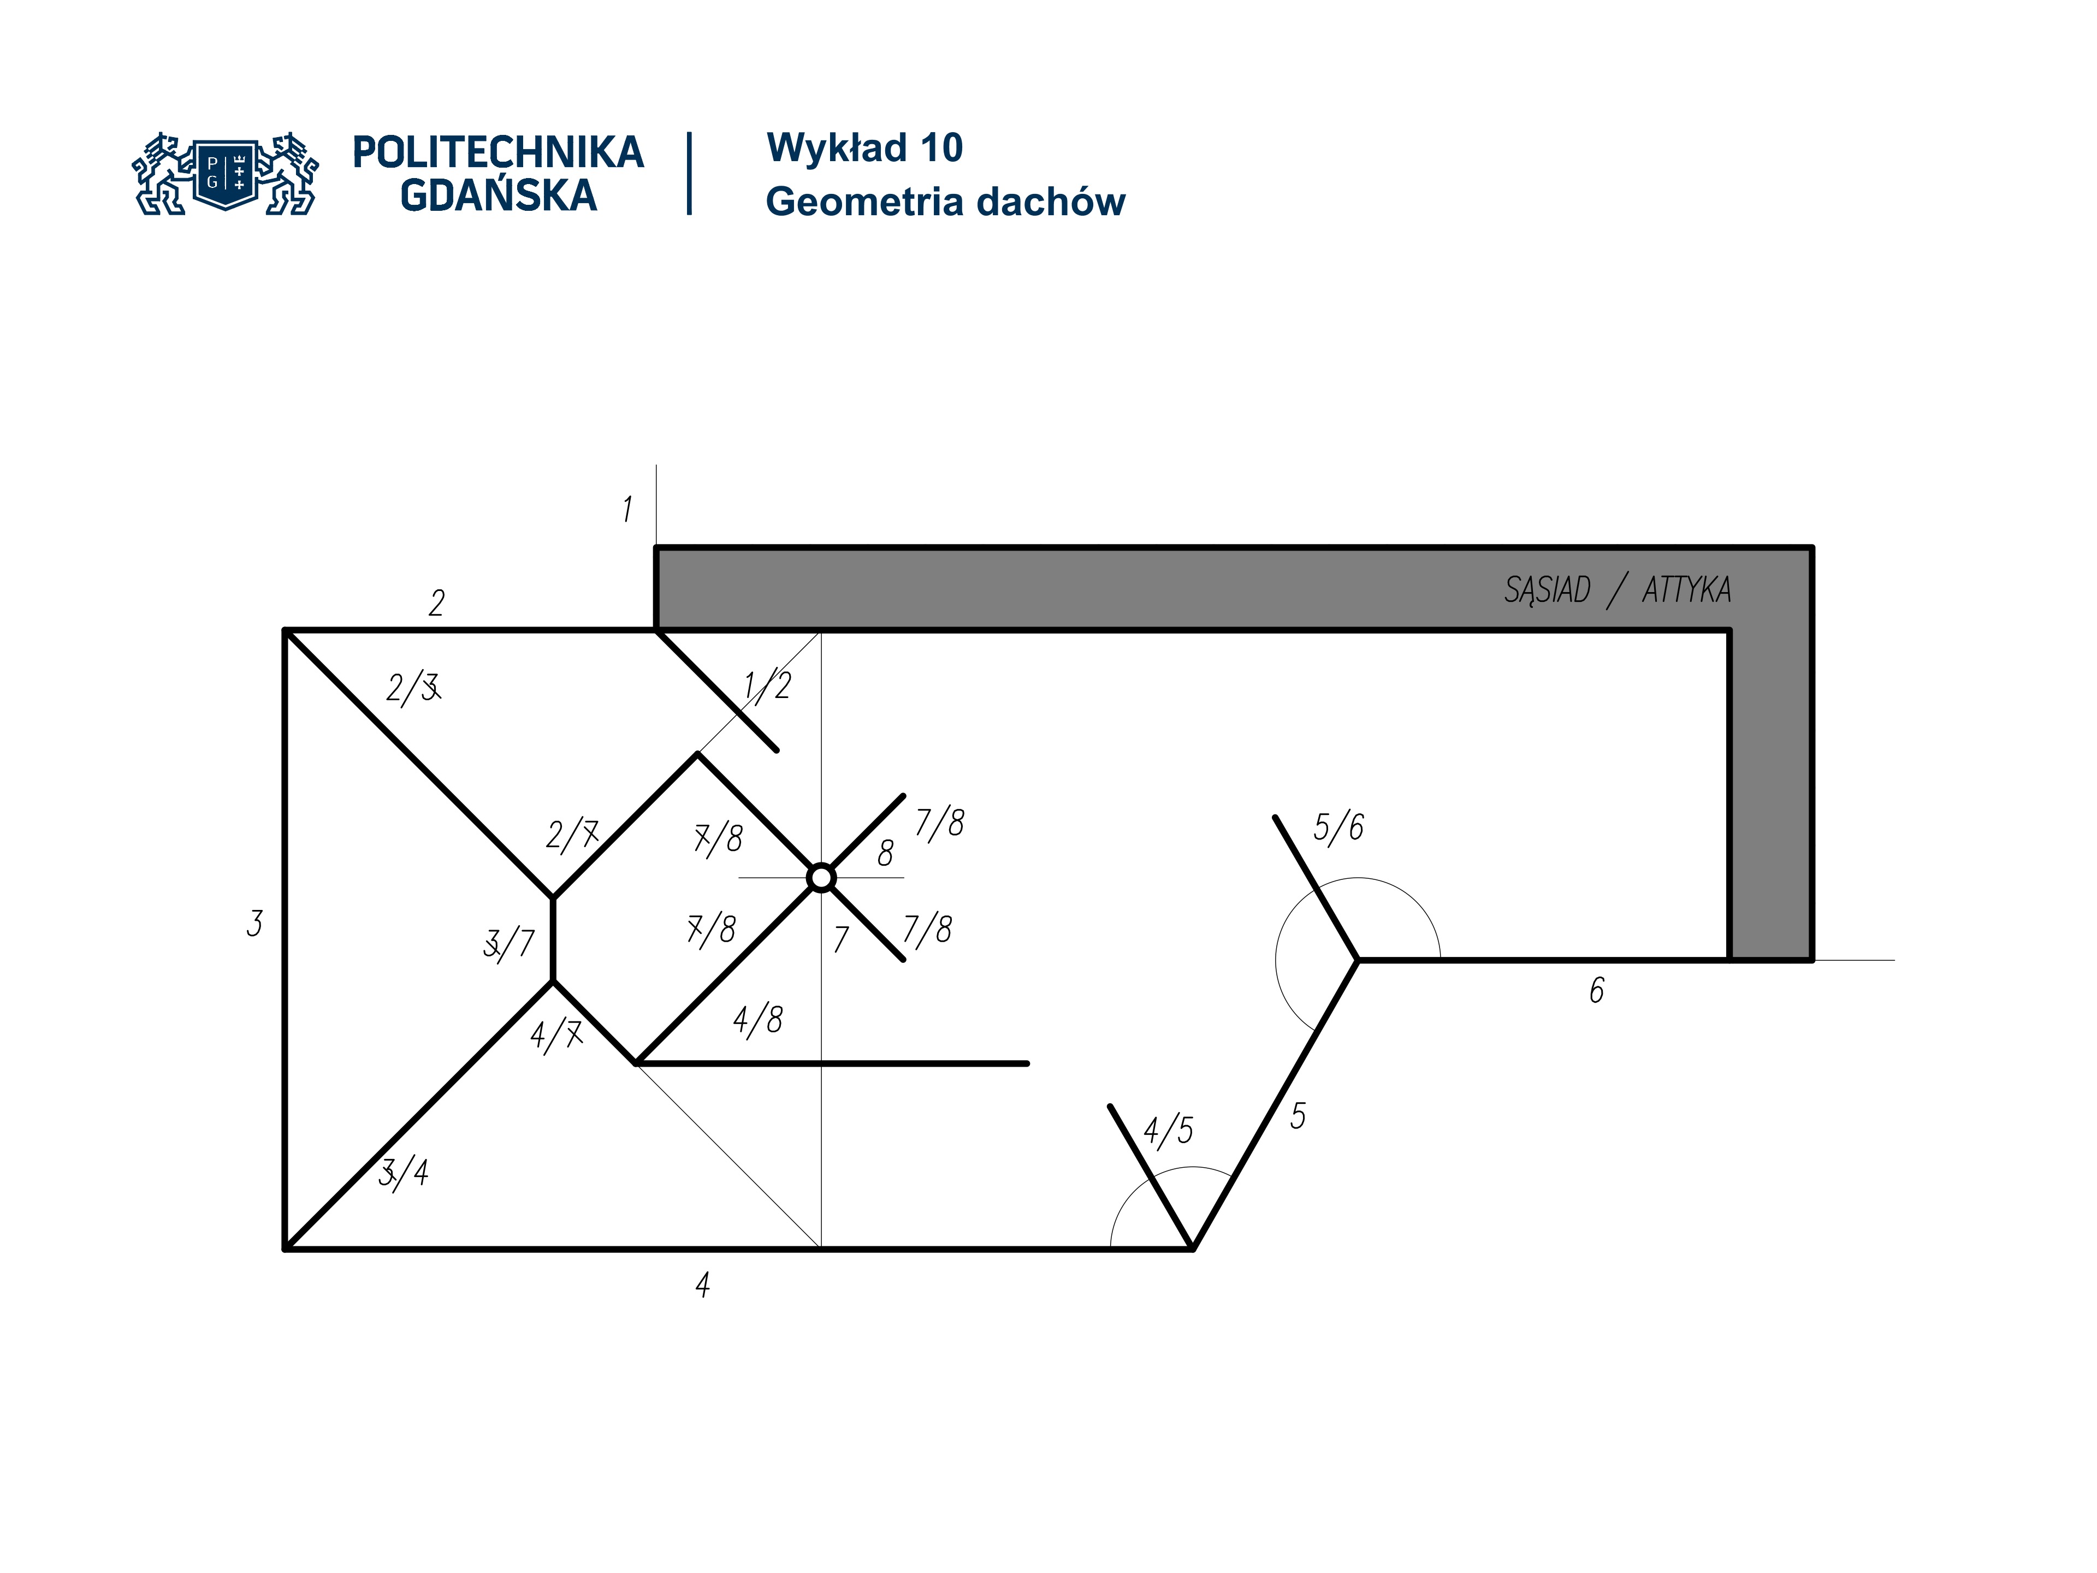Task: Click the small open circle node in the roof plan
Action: (x=821, y=878)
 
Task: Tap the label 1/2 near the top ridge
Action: (x=767, y=685)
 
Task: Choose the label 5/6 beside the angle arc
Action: (x=1337, y=827)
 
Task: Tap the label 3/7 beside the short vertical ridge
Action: (x=509, y=943)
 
